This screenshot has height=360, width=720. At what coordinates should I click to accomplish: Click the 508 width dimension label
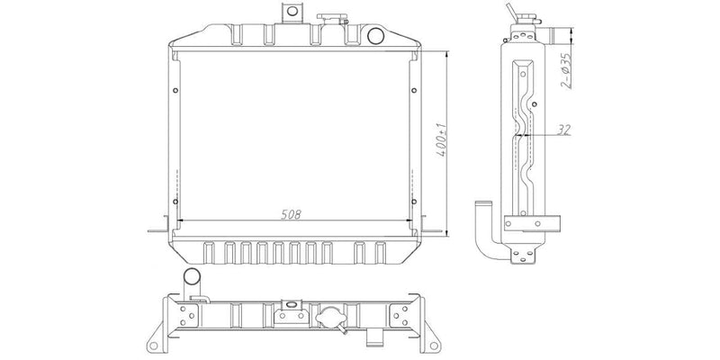click(x=291, y=214)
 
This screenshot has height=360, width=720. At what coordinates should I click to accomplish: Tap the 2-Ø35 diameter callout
click(x=566, y=71)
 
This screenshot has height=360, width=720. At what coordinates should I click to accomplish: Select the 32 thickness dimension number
click(x=563, y=130)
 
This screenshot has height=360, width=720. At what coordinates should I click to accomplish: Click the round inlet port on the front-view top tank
click(x=375, y=35)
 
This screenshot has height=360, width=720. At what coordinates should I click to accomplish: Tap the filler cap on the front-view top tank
click(x=332, y=19)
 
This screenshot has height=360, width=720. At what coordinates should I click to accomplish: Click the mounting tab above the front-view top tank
click(x=291, y=13)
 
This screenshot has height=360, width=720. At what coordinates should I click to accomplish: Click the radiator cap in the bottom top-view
click(x=331, y=318)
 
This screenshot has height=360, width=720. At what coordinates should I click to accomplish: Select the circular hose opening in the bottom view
click(x=192, y=277)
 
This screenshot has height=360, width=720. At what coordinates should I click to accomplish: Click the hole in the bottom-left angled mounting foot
click(x=154, y=345)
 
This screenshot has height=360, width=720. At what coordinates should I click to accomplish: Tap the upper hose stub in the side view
click(x=557, y=35)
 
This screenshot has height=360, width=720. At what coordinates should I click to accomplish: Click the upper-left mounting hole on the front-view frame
click(x=175, y=90)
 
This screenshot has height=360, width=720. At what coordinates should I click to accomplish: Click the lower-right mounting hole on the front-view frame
click(x=414, y=202)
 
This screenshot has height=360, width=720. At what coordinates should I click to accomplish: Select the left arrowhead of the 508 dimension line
click(x=180, y=220)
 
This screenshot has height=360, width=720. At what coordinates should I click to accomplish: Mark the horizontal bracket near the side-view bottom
click(x=532, y=223)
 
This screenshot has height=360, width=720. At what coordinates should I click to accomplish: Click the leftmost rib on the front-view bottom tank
click(x=209, y=253)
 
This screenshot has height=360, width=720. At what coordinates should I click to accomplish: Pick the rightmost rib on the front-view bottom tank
click(x=380, y=253)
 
